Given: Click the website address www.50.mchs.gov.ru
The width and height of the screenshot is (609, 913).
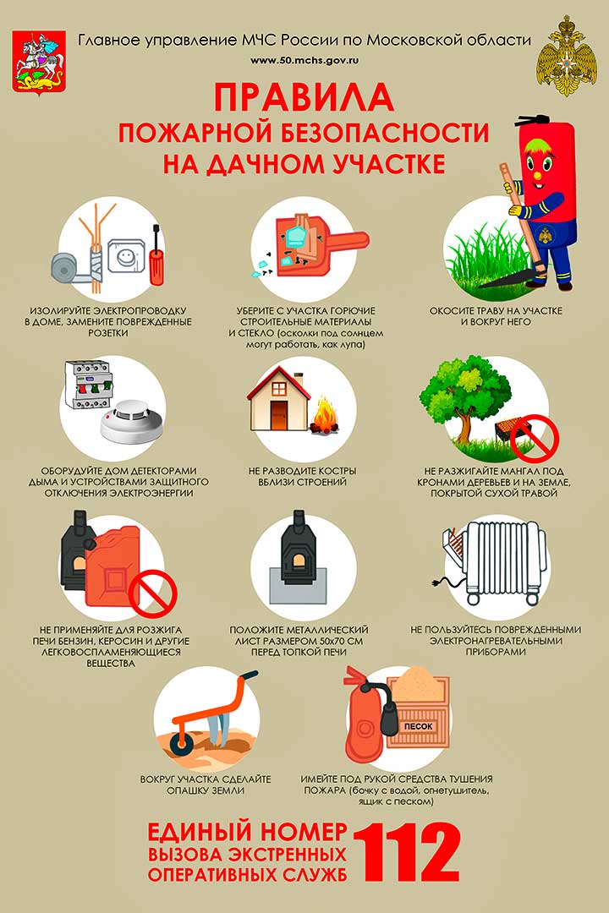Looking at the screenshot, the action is click(x=304, y=60).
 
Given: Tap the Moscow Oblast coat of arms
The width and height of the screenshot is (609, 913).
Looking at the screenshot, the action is click(x=38, y=63).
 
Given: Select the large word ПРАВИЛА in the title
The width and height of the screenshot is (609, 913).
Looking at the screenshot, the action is click(x=304, y=98).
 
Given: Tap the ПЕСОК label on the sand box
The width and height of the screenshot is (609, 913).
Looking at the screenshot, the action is click(x=419, y=726).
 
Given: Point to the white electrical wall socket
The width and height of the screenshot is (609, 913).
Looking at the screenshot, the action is click(x=124, y=255).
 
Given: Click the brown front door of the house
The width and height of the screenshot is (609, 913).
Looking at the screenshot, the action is click(x=279, y=416).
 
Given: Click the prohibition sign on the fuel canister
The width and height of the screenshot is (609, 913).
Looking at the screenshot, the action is click(x=153, y=594).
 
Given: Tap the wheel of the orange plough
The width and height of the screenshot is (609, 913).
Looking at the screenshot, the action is click(x=183, y=744).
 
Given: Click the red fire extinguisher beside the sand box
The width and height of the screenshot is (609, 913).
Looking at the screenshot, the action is click(x=365, y=716).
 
